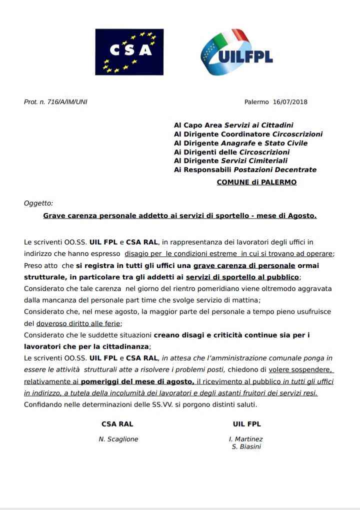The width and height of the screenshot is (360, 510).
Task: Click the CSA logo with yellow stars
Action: tap(129, 52)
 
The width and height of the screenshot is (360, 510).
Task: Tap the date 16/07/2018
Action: tap(290, 102)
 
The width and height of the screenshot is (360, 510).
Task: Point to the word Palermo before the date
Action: tap(257, 102)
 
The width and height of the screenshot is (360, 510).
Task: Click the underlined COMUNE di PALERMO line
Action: tap(256, 182)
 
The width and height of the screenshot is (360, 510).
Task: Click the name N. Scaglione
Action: tap(118, 439)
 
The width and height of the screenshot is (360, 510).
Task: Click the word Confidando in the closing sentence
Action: tap(42, 403)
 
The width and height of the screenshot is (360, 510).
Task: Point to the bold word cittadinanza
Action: tap(125, 346)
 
